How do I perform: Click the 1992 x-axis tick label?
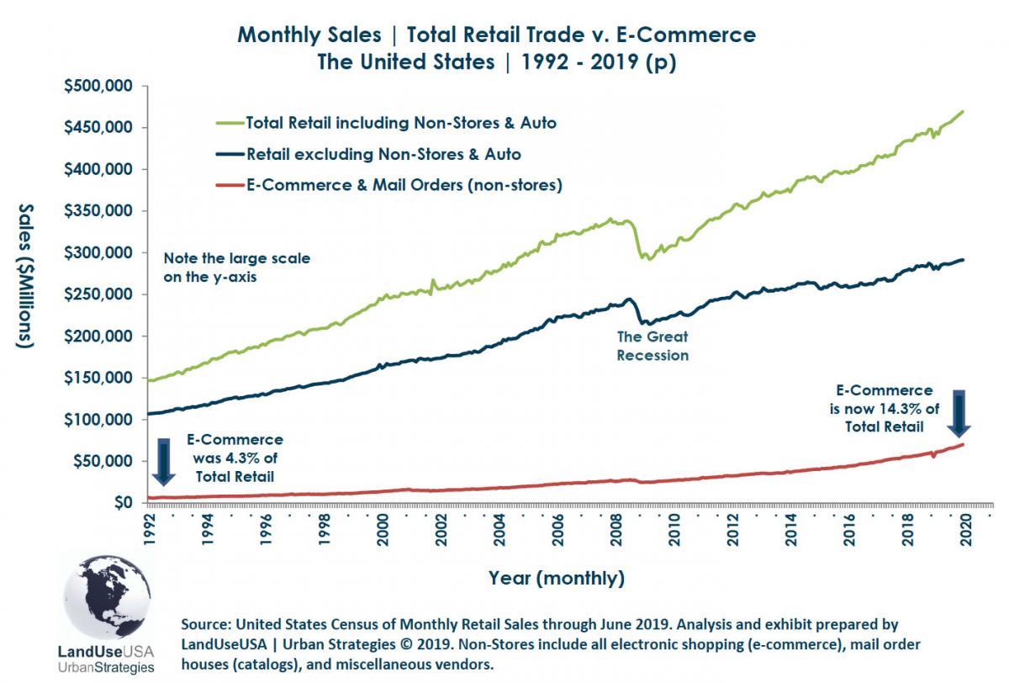[149, 532]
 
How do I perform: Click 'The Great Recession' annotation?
[652, 346]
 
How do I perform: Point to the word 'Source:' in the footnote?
[206, 625]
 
